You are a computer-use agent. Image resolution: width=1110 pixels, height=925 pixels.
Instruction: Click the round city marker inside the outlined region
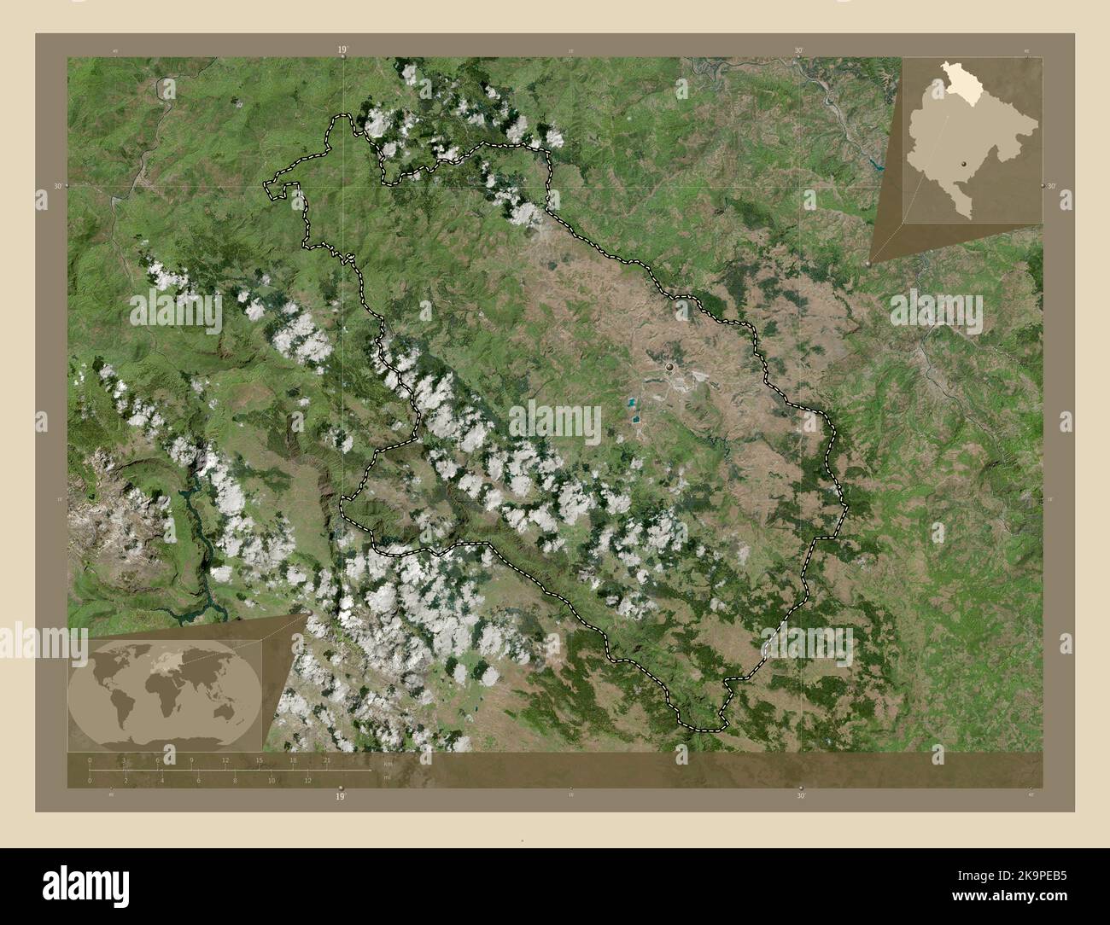[670, 367]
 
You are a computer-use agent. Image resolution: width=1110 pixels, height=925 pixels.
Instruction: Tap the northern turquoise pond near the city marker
[632, 401]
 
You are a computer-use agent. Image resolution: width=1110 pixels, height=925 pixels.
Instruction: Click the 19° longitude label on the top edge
[342, 50]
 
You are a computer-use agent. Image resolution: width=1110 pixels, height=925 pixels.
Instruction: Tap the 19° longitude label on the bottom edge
[341, 796]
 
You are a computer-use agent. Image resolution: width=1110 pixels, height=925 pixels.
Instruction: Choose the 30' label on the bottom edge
[800, 796]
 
